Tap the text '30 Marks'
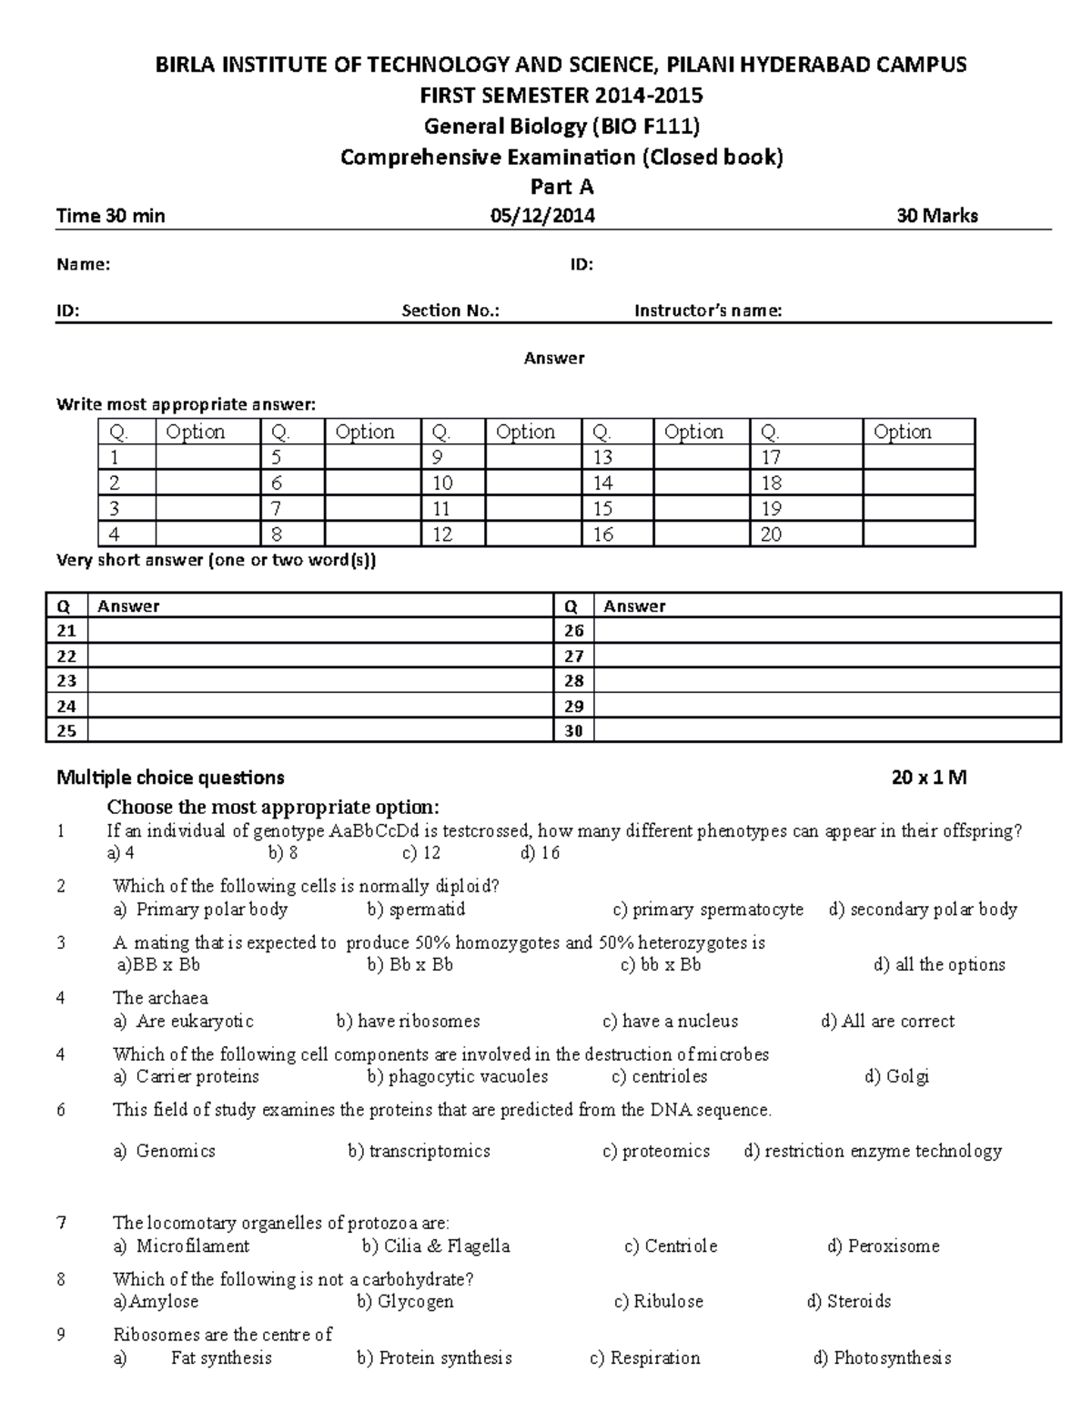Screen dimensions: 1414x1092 click(x=936, y=216)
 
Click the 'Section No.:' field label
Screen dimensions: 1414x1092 click(x=450, y=310)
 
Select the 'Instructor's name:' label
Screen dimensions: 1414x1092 click(x=708, y=310)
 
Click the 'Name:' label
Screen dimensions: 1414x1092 click(x=83, y=265)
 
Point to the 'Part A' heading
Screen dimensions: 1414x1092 click(x=561, y=187)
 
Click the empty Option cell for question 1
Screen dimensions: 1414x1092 click(x=207, y=457)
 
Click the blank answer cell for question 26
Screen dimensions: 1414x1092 click(x=826, y=630)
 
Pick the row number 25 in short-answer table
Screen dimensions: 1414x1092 click(x=66, y=730)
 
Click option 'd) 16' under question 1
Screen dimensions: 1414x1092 click(x=540, y=853)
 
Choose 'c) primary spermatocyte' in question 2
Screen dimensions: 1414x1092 click(x=708, y=909)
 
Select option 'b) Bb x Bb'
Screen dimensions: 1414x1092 click(x=409, y=964)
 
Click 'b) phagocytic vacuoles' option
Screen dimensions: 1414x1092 click(x=457, y=1076)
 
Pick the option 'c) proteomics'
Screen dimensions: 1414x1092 click(x=655, y=1151)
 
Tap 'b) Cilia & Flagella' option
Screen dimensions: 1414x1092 click(x=435, y=1246)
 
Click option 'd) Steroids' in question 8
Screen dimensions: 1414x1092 click(x=848, y=1301)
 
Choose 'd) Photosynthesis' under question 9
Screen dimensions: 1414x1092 click(x=881, y=1358)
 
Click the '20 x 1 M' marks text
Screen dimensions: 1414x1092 click(x=928, y=778)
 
